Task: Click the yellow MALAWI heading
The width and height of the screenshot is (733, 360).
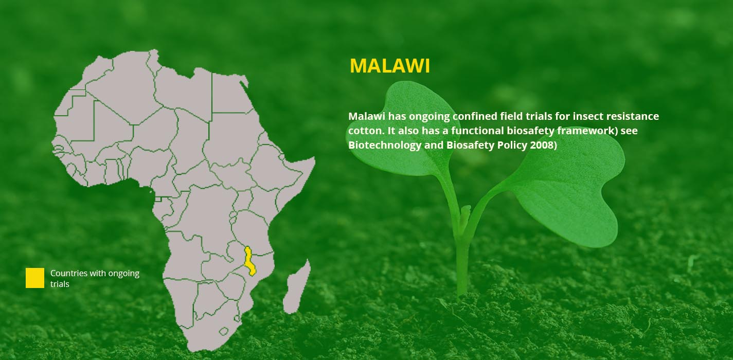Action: (x=390, y=66)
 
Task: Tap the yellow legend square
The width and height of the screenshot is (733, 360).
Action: (x=35, y=278)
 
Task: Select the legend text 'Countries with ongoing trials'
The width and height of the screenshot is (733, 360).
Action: (x=95, y=279)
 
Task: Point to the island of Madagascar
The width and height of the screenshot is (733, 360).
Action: (x=296, y=288)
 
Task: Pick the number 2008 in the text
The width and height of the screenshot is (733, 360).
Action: (x=541, y=145)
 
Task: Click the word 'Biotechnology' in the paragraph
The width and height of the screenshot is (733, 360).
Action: (x=385, y=146)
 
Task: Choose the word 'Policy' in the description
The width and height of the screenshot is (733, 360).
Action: (x=512, y=146)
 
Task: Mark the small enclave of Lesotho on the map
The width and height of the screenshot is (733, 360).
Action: (x=224, y=331)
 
